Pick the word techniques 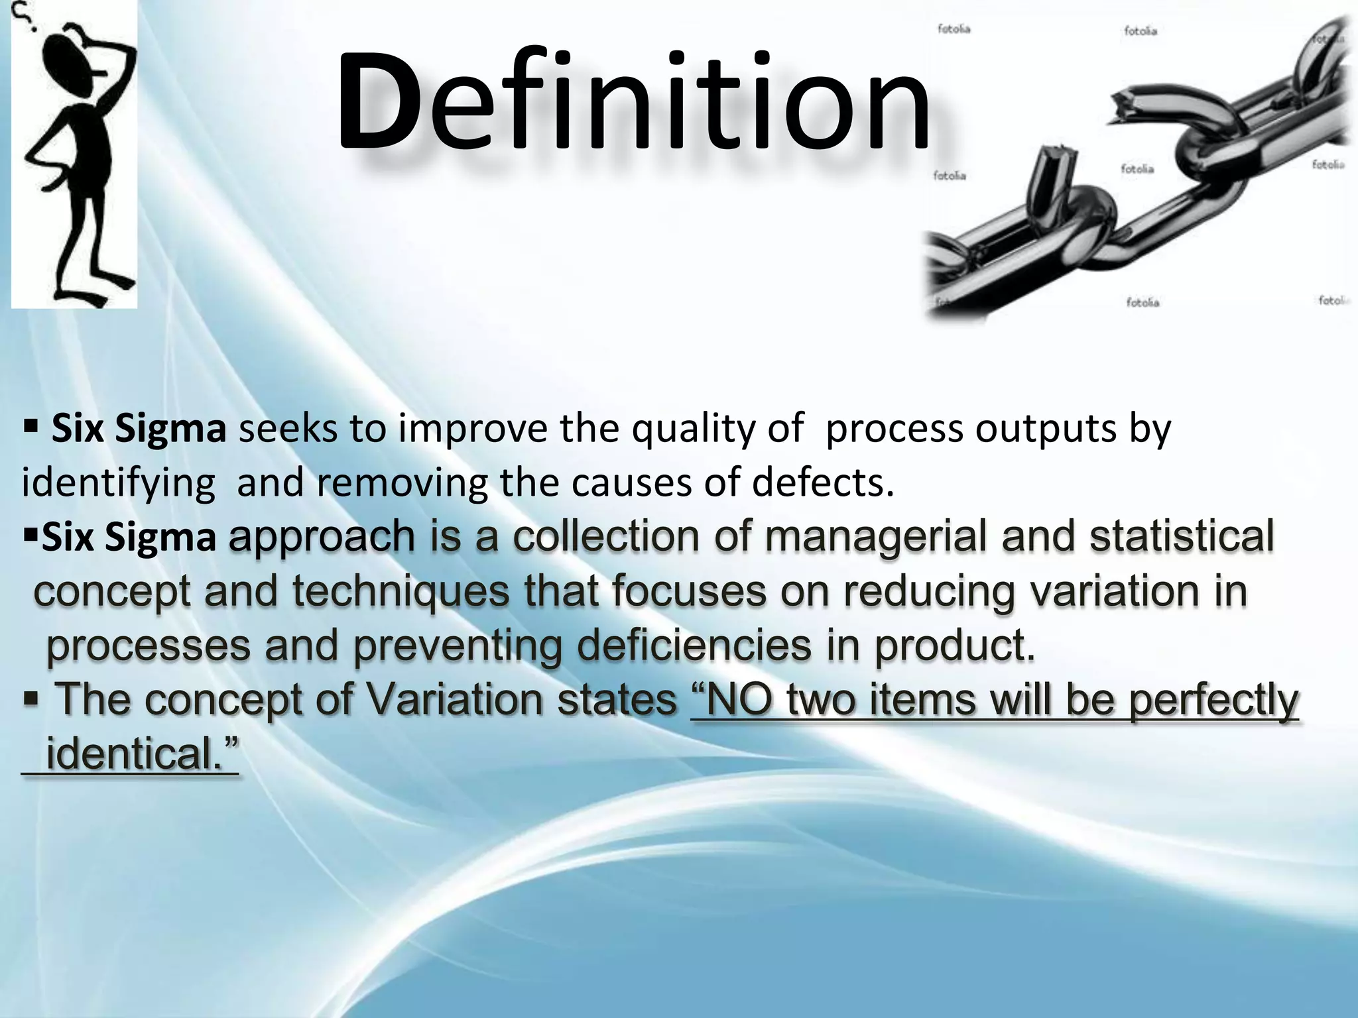point(401,592)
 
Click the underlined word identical point(141,754)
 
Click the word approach point(322,537)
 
